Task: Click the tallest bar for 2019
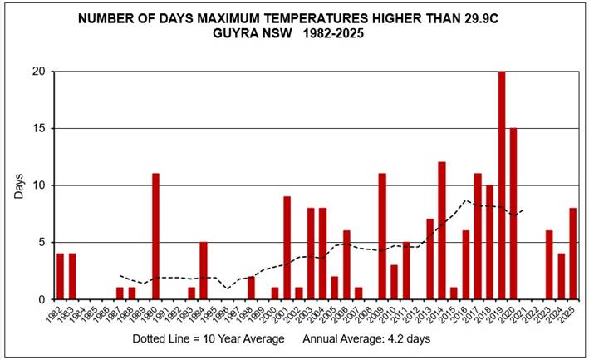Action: (x=502, y=185)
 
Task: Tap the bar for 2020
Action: (x=513, y=214)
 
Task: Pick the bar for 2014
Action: (x=442, y=230)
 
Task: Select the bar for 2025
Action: (x=573, y=254)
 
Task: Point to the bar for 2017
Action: (x=478, y=236)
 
